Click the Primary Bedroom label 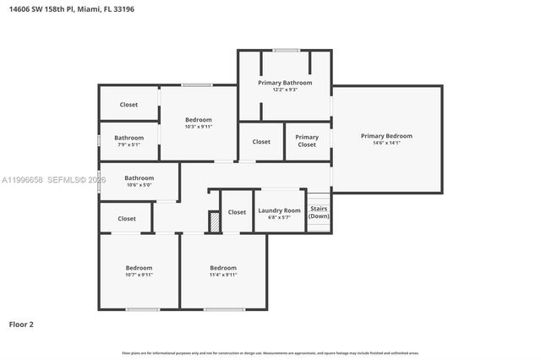[386, 136]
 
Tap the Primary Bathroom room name [285, 83]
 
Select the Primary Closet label [307, 141]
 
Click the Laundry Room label [279, 210]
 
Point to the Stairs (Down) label [319, 212]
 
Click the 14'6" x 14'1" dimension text [386, 144]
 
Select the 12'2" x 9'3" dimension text [285, 90]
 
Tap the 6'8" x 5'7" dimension [279, 218]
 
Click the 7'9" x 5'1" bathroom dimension [129, 145]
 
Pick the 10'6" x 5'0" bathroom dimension [139, 185]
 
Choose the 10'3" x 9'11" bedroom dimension [199, 127]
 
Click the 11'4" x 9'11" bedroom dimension [223, 275]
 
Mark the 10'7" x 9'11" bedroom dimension [139, 275]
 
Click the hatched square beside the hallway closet [215, 222]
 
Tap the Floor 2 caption [21, 324]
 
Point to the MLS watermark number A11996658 [21, 180]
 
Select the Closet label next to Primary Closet [261, 142]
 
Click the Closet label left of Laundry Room [237, 212]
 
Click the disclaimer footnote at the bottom [270, 352]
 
